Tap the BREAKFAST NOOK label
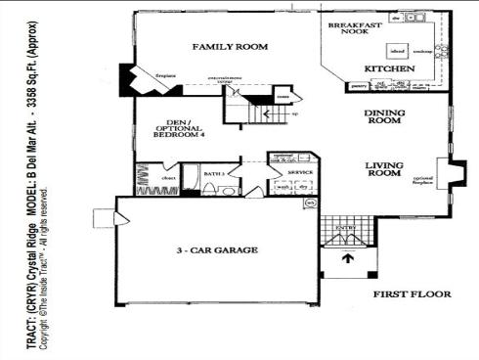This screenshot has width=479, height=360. click(x=353, y=29)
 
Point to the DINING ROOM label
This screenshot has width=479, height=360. click(x=384, y=117)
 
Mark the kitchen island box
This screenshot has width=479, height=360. click(x=398, y=47)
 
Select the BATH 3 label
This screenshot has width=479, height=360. click(x=214, y=172)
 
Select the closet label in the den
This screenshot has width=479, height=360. click(x=167, y=178)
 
